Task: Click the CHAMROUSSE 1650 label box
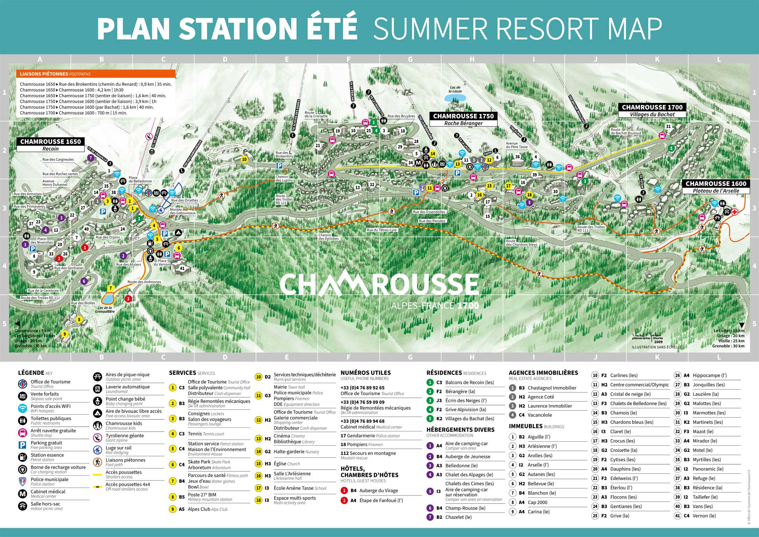pyautogui.click(x=50, y=142)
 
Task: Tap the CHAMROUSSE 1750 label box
pyautogui.click(x=463, y=116)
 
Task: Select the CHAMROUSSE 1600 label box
pyautogui.click(x=716, y=184)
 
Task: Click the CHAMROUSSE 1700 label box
pyautogui.click(x=652, y=108)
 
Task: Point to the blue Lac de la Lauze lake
pyautogui.click(x=455, y=98)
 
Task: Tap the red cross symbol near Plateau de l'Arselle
pyautogui.click(x=734, y=212)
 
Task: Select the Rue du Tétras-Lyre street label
pyautogui.click(x=381, y=230)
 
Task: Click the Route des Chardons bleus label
pyautogui.click(x=521, y=243)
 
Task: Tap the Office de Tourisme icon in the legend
pyautogui.click(x=23, y=384)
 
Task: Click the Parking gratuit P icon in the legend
pyautogui.click(x=23, y=445)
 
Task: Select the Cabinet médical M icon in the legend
pyautogui.click(x=23, y=494)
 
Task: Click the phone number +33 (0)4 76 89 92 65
pyautogui.click(x=362, y=388)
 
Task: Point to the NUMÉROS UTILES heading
pyautogui.click(x=365, y=373)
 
